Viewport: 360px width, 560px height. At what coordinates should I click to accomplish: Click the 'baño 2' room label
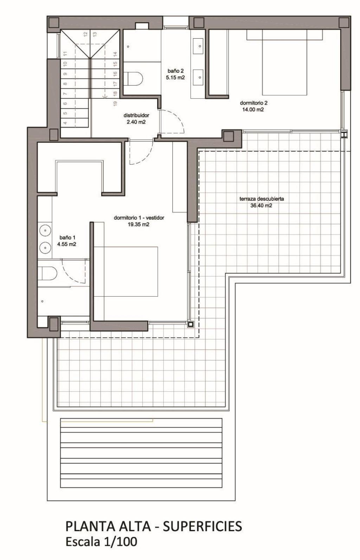175,71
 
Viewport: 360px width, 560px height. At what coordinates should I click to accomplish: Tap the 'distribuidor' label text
136,115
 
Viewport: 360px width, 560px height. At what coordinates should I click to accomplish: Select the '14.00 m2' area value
253,110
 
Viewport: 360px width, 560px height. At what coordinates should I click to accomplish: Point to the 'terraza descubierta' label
262,199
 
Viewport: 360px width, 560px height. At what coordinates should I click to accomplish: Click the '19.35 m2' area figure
139,224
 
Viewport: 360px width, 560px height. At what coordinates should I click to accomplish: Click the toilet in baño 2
134,78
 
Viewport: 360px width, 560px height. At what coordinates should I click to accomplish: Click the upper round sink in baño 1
45,231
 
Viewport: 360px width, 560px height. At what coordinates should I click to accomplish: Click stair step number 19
115,103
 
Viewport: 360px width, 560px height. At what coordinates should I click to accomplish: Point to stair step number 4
65,123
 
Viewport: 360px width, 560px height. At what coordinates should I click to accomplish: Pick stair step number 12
85,34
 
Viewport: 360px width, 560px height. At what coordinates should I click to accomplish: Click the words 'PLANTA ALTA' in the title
108,526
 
